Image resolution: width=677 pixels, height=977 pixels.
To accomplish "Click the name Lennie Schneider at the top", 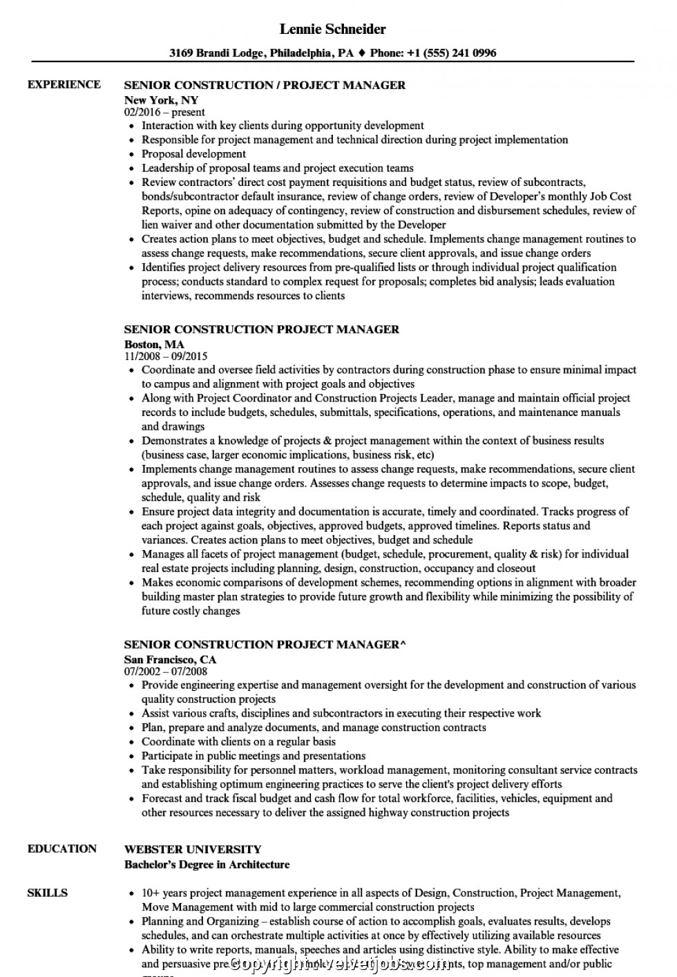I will pos(333,29).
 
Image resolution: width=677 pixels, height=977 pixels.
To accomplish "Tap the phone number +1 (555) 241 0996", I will pos(460,53).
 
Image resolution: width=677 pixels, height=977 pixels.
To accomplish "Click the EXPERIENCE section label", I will pos(64,84).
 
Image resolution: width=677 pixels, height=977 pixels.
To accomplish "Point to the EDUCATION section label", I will pos(62,848).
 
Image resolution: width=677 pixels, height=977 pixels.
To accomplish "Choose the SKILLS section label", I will pos(48,893).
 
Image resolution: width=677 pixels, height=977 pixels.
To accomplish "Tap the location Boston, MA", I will pos(154,343).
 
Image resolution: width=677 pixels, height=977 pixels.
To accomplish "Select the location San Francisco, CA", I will pos(170,659).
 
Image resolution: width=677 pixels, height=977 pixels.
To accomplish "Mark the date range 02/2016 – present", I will pos(164,112).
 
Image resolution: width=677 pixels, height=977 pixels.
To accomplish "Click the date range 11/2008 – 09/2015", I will pos(166,357).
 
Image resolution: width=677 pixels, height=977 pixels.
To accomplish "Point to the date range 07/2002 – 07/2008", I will pos(166,671).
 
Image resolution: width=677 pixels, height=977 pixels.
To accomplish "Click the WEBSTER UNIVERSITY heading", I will pos(193,849).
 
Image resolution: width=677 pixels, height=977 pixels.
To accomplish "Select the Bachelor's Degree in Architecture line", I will pos(207,864).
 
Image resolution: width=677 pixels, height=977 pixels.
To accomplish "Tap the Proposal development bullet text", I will pos(193,153).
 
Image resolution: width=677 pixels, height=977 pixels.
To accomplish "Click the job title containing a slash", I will pos(265,85).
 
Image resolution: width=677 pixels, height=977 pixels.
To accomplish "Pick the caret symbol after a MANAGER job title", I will pos(403,645).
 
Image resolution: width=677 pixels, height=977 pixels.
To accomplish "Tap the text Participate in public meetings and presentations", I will pos(254,756).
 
